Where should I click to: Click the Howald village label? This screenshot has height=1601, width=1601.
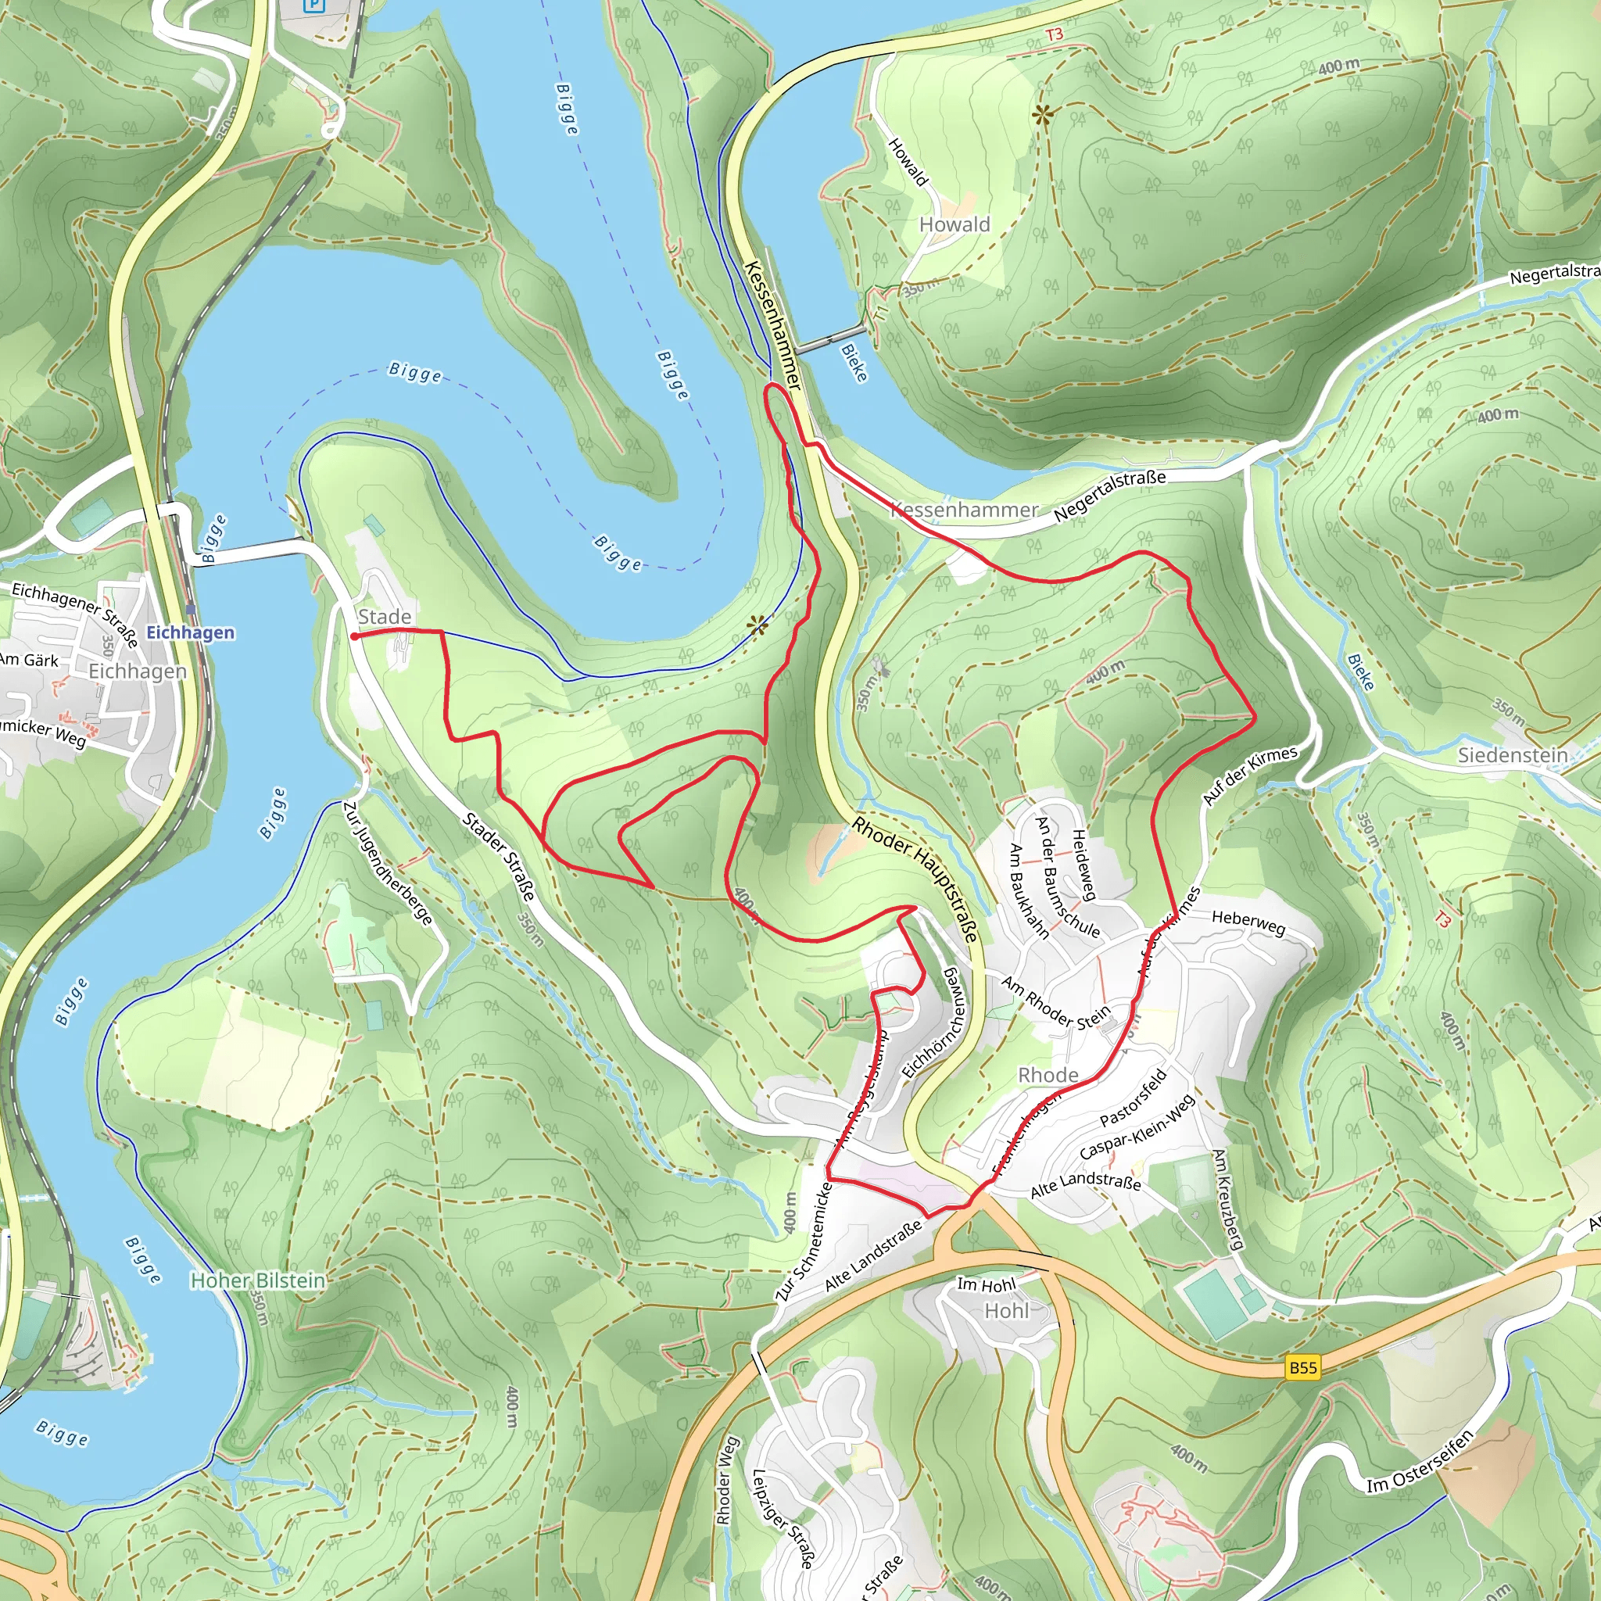coord(954,224)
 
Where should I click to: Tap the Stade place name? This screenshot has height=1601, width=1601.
coord(385,617)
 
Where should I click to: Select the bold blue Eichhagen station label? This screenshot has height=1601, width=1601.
coord(191,632)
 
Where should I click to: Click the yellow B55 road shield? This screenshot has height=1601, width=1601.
coord(1302,1367)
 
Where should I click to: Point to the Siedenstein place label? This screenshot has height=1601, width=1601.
coord(1513,755)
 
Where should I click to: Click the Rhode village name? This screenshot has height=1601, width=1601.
coord(1048,1075)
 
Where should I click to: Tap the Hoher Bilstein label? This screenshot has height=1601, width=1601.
coord(258,1280)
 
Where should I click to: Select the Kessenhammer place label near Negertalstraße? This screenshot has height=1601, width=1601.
coord(964,510)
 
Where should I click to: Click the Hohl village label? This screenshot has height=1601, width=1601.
coord(1006,1311)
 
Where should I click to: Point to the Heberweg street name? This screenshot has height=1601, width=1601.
coord(1248,922)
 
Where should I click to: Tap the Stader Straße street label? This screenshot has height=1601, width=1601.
coord(499,857)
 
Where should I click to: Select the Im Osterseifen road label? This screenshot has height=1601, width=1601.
coord(1421,1461)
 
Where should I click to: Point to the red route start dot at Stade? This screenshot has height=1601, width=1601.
coord(354,636)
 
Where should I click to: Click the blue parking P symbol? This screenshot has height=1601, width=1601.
coord(314,5)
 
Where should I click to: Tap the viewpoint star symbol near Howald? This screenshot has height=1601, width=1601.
coord(1041,116)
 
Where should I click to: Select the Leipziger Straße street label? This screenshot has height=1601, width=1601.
coord(783,1519)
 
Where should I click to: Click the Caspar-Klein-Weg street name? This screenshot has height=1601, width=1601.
coord(1137,1127)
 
